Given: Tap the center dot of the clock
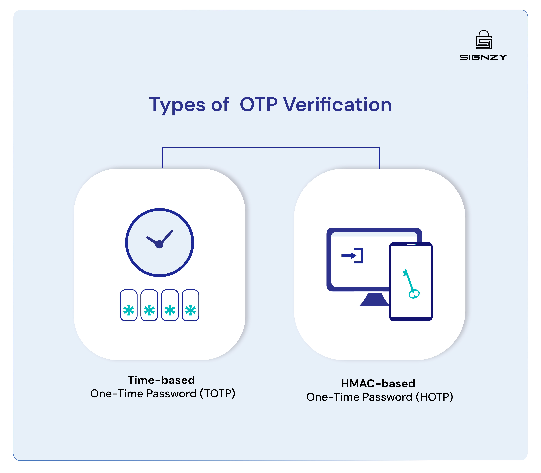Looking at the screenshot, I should (x=159, y=244).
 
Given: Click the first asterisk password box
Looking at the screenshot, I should (x=129, y=305).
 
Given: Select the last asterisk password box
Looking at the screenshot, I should (x=191, y=305).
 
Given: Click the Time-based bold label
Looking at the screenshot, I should (x=161, y=380).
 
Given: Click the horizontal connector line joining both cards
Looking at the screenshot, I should (x=271, y=147).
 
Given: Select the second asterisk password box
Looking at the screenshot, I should (x=149, y=305).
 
